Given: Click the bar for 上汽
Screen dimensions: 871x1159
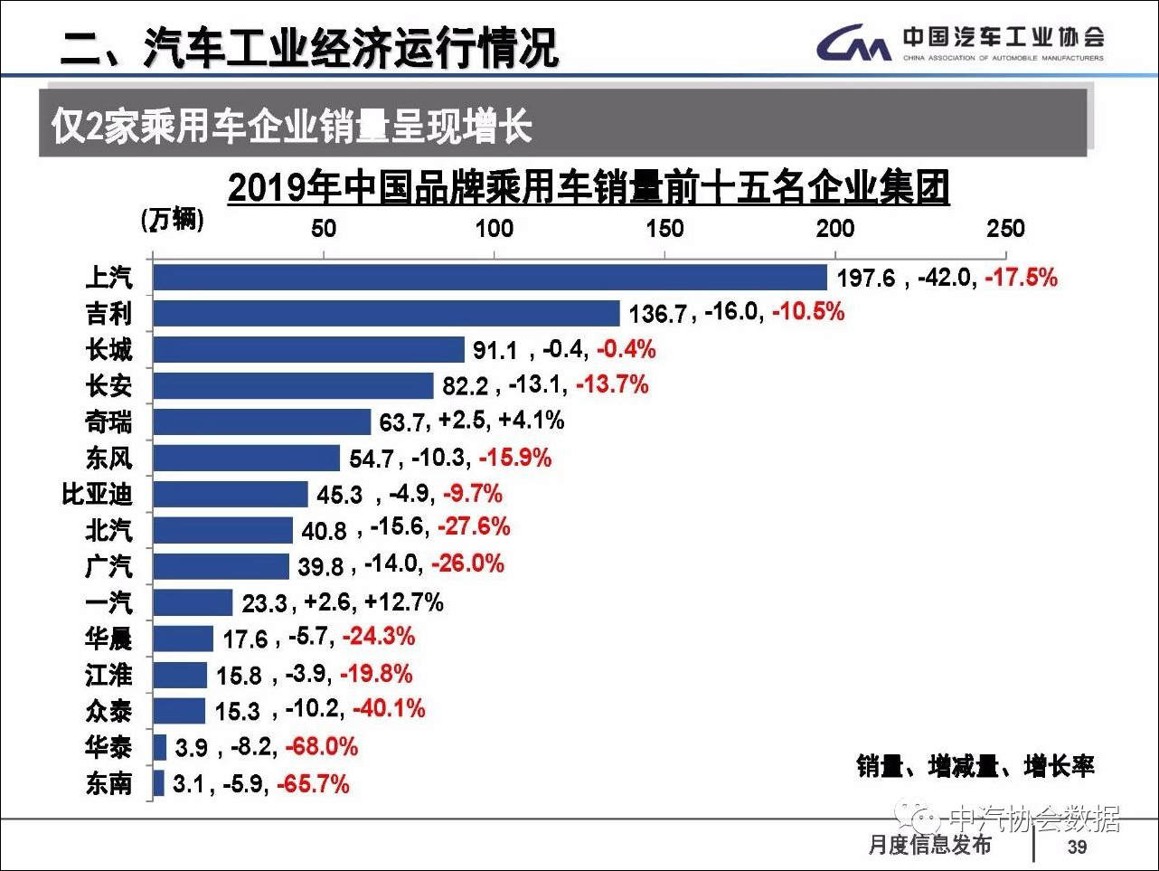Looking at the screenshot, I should (x=489, y=277).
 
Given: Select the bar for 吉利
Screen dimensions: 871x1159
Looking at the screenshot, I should (x=386, y=313).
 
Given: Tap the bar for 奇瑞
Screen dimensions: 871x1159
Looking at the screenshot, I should (x=261, y=421).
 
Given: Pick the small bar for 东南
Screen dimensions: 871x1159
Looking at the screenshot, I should (x=159, y=782).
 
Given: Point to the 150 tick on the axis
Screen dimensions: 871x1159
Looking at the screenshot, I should (x=664, y=229).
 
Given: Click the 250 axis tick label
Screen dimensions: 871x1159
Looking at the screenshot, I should (x=1004, y=229).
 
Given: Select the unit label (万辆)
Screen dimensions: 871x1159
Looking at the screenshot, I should (x=172, y=220).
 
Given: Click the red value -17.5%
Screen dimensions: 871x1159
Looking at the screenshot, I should (x=1021, y=277).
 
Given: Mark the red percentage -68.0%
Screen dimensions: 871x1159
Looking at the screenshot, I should (x=322, y=746).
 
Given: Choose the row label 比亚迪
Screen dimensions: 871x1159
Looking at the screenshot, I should (x=97, y=494).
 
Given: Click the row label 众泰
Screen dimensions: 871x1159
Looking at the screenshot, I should (x=108, y=711).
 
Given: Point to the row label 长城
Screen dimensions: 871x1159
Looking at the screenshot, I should (x=108, y=349).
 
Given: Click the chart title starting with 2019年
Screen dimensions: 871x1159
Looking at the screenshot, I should (x=588, y=188).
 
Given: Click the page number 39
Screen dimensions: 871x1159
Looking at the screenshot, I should (x=1077, y=847).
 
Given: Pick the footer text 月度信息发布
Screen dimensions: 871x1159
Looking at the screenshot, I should (x=929, y=845).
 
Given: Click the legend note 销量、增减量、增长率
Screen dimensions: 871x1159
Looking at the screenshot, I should (x=975, y=767).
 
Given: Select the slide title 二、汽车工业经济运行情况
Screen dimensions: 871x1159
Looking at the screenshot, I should (x=309, y=47).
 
